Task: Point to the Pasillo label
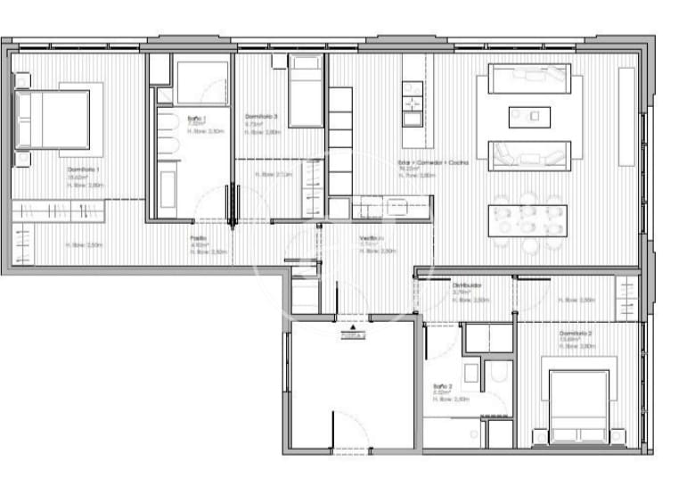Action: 198,239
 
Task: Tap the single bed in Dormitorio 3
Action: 306,91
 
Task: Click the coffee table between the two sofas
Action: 529,116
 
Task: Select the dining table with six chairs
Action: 528,219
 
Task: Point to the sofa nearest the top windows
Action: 529,78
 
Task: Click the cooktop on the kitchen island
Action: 412,88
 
